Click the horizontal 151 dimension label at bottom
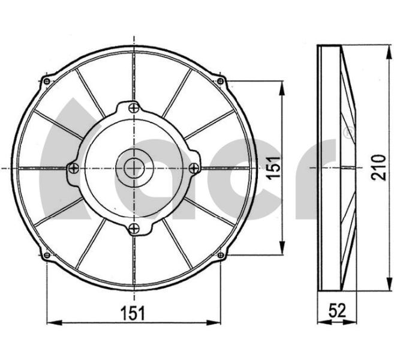point(133,313)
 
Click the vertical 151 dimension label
point(273,168)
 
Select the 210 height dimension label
point(378,167)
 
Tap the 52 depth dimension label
point(338,310)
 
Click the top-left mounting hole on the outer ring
point(47,81)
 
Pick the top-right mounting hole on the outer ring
point(220,81)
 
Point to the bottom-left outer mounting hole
point(47,256)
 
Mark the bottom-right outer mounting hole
point(220,256)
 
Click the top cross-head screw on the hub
point(134,108)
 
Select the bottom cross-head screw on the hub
point(134,229)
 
